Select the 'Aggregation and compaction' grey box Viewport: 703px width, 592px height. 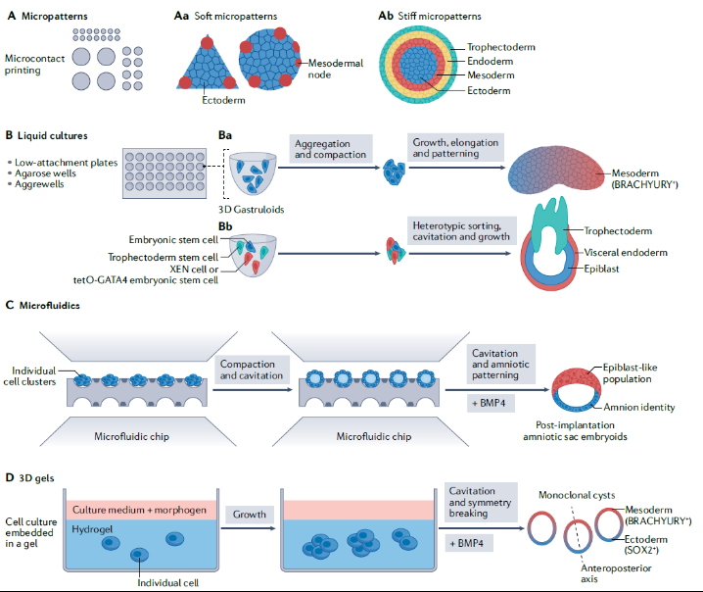[x=329, y=149]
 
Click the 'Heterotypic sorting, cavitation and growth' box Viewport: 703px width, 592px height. [x=455, y=234]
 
